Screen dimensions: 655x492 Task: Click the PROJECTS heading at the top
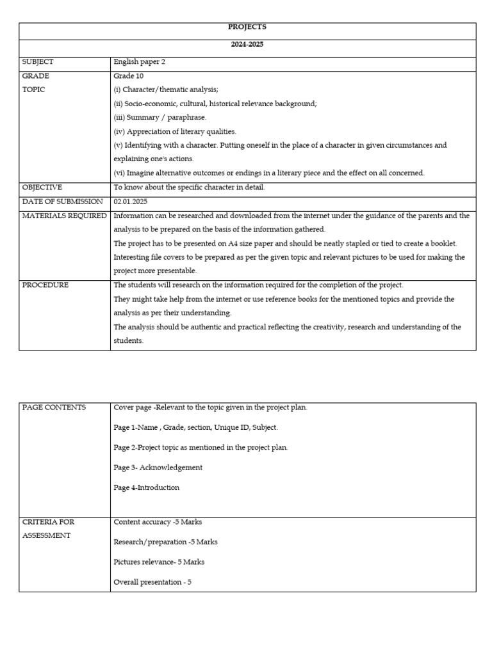[x=247, y=27]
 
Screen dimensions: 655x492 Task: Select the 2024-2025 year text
[x=247, y=45]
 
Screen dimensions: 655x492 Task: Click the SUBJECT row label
[x=38, y=62]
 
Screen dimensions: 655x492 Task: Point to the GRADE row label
[x=36, y=76]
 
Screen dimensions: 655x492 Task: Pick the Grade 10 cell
[x=129, y=76]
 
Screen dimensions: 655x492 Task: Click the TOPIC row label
[x=34, y=90]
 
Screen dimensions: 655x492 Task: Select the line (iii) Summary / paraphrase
[x=160, y=118]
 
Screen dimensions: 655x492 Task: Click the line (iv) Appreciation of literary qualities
[x=175, y=131]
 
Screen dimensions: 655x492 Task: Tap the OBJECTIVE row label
[x=42, y=187]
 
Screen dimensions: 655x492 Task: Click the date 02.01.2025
[x=131, y=201]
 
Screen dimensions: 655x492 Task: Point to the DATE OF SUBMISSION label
[x=62, y=201]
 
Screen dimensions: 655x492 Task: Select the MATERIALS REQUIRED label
[x=64, y=216]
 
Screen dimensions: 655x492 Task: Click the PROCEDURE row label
[x=45, y=285]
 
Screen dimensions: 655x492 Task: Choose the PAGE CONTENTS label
[x=54, y=407]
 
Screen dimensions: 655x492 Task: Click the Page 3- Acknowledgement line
[x=158, y=468]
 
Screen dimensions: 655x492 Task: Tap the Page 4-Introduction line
[x=147, y=487]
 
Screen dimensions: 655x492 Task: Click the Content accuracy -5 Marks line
[x=158, y=522]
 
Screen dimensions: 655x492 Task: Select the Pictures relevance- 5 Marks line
[x=159, y=562]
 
